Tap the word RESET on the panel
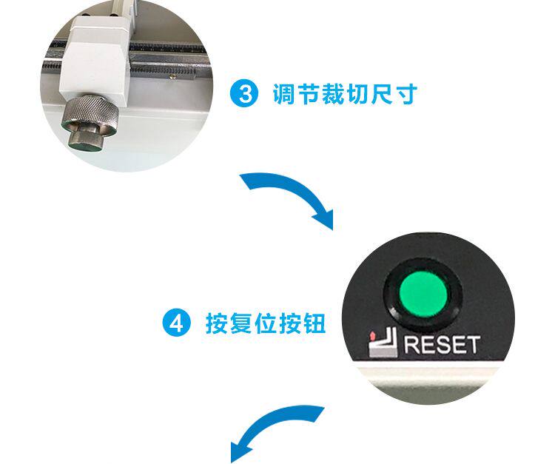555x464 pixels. pyautogui.click(x=441, y=345)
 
